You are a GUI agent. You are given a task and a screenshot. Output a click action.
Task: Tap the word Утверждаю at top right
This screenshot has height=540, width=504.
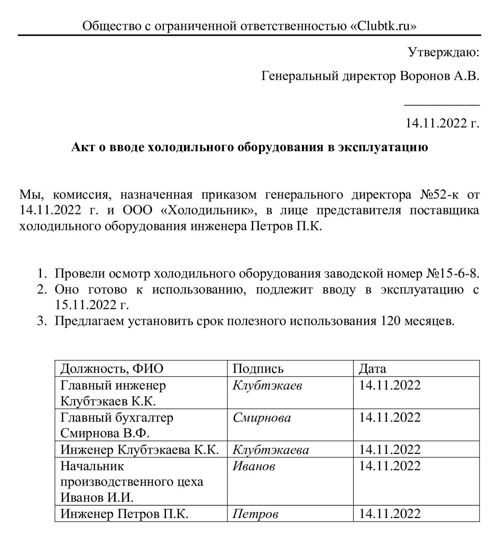click(443, 52)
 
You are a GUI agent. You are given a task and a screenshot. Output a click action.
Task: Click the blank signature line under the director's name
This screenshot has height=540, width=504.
click(442, 105)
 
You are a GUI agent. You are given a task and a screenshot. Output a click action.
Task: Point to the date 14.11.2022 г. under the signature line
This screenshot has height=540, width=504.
click(442, 123)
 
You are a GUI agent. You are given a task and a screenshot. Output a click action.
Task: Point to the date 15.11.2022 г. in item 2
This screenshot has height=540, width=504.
click(91, 305)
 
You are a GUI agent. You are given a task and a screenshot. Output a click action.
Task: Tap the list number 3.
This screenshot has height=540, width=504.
click(41, 321)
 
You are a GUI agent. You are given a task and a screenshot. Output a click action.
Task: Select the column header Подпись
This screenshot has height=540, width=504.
click(258, 369)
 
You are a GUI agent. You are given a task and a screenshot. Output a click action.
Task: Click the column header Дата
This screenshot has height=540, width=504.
click(372, 369)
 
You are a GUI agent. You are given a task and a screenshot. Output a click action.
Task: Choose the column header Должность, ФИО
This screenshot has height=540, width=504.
click(112, 369)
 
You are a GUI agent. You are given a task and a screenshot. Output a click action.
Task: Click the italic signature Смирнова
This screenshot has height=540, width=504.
click(262, 417)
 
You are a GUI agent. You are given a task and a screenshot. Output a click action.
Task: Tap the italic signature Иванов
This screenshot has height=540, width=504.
click(254, 466)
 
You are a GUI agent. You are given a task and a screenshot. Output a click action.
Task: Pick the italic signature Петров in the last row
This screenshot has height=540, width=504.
click(255, 514)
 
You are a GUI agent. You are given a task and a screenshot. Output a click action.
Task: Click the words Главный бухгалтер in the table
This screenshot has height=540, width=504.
click(117, 417)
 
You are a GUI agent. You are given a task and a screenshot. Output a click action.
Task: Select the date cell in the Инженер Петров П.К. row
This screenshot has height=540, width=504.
click(390, 513)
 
